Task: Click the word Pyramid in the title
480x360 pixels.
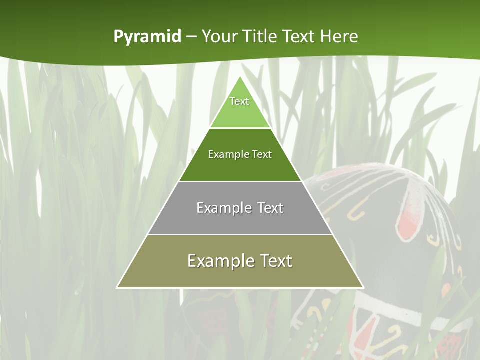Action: pos(147,37)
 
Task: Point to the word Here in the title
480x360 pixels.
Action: pos(339,36)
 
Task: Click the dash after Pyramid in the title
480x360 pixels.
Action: pos(191,37)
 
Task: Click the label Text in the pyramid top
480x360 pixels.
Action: pos(239,101)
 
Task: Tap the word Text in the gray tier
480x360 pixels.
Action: pos(270,208)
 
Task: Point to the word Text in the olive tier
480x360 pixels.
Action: pos(276,261)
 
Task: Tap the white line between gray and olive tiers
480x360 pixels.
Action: pos(240,234)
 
